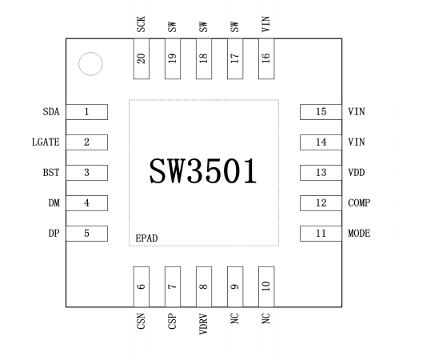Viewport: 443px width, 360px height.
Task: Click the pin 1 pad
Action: click(86, 112)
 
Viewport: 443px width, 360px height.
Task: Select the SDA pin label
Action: click(51, 112)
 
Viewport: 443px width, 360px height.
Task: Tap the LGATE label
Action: click(46, 142)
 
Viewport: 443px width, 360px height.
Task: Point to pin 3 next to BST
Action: click(86, 173)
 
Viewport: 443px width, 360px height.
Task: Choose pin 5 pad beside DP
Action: click(86, 234)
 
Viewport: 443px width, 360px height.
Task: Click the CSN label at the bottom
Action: click(141, 325)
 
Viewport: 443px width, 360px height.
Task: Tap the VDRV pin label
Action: click(203, 328)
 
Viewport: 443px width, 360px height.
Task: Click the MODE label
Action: click(359, 234)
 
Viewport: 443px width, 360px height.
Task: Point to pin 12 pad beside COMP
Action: click(321, 203)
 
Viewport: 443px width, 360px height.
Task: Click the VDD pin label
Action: click(357, 173)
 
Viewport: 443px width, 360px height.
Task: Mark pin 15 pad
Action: click(321, 112)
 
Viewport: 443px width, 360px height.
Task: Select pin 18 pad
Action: click(203, 59)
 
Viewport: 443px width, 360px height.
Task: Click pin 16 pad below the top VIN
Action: click(266, 59)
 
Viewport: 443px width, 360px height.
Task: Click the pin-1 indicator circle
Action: click(90, 64)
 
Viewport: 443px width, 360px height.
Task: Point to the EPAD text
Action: click(147, 238)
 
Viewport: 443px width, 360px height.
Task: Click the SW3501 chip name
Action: click(203, 170)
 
